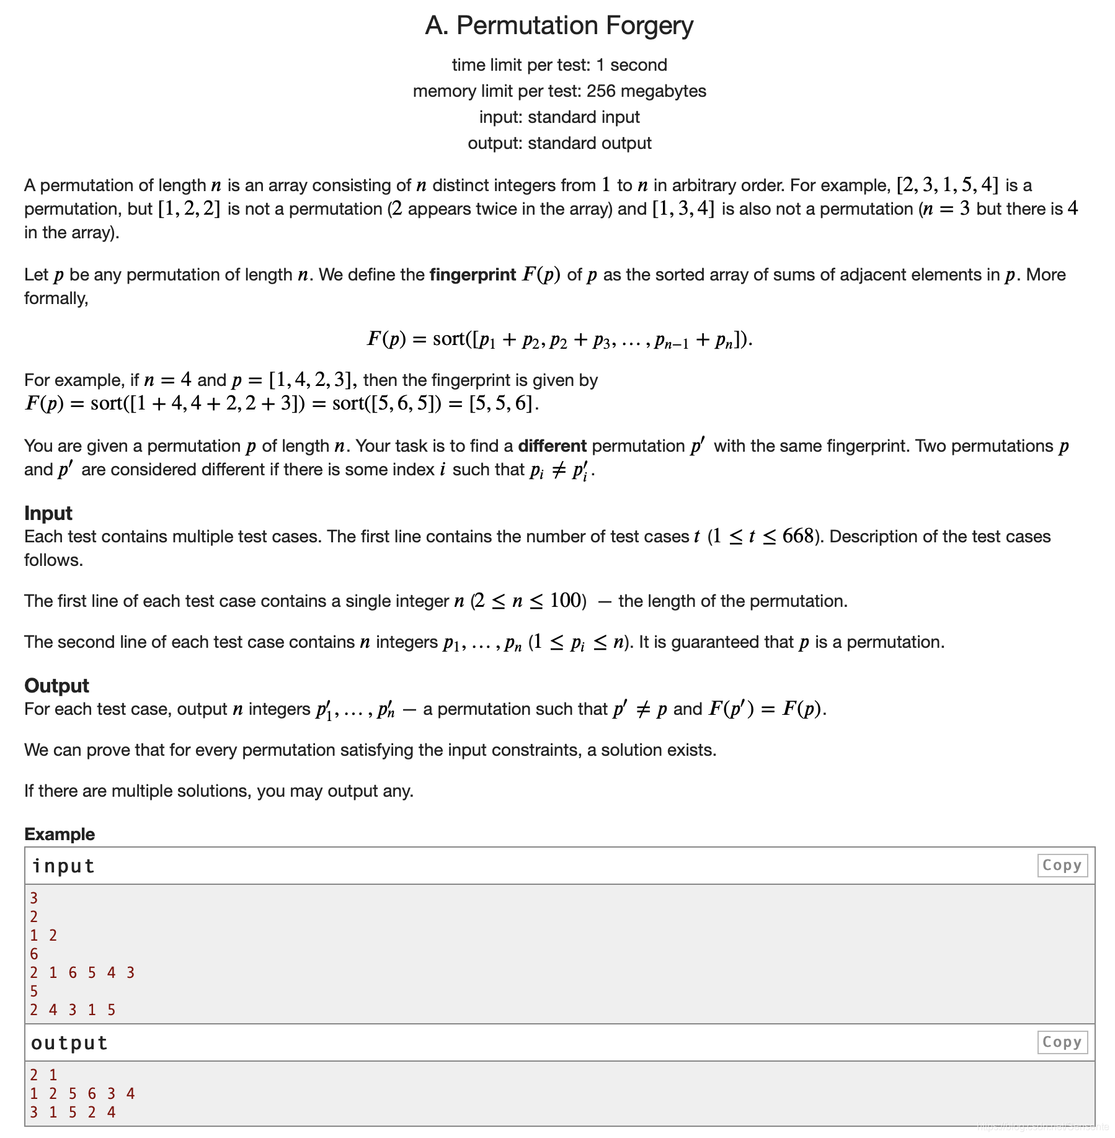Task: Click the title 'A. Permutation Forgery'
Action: [559, 25]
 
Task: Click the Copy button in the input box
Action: [1062, 865]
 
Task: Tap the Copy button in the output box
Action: [1062, 1042]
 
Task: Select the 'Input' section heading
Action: [48, 513]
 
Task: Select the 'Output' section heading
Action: [56, 686]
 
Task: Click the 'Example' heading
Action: [60, 834]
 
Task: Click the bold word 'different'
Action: [552, 446]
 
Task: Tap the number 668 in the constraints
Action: [797, 536]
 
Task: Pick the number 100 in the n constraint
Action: [564, 601]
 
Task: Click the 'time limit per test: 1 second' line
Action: [559, 65]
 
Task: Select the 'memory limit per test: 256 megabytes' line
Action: [559, 91]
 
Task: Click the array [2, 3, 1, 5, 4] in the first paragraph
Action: [948, 185]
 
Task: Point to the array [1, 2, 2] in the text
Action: [189, 208]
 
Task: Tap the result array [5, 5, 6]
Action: [500, 403]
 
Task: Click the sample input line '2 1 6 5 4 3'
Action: [82, 972]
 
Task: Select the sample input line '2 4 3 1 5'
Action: [73, 1010]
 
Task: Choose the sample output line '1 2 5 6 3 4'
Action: [82, 1093]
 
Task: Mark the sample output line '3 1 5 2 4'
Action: [73, 1112]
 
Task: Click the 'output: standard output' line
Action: [559, 143]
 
